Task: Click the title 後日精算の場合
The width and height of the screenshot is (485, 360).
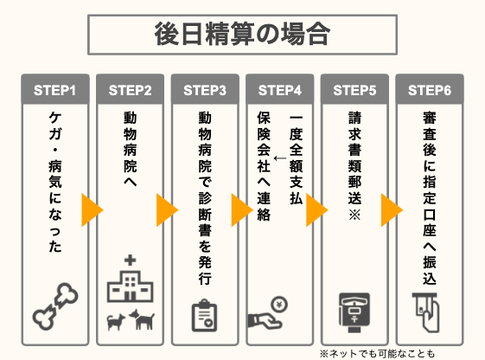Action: (242, 34)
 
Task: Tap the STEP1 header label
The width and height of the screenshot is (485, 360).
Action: (54, 90)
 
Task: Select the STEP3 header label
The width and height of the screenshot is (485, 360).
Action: (205, 90)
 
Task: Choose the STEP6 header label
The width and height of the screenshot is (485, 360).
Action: (430, 90)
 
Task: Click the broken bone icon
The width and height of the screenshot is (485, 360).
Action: (55, 305)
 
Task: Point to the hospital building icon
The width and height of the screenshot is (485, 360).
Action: (131, 286)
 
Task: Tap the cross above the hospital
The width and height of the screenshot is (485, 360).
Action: (131, 260)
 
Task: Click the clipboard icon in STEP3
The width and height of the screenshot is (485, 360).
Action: (204, 315)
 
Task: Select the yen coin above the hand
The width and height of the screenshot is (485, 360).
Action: (279, 305)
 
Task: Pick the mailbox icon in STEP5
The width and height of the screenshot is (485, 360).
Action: (354, 312)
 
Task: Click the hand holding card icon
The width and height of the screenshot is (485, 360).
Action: (427, 312)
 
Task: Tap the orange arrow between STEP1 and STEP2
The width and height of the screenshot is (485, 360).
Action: (92, 210)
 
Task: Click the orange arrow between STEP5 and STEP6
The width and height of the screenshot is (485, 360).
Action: (392, 210)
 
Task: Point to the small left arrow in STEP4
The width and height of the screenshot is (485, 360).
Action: (280, 158)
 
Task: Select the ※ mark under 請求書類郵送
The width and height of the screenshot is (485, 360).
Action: (354, 214)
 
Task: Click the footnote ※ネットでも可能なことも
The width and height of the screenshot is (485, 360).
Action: (377, 353)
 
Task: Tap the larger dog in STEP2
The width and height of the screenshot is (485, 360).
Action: (142, 319)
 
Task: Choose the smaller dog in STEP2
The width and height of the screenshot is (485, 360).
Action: (116, 322)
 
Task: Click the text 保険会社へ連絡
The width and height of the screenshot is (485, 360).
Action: (264, 166)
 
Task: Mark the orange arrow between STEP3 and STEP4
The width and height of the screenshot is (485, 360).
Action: (242, 210)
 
